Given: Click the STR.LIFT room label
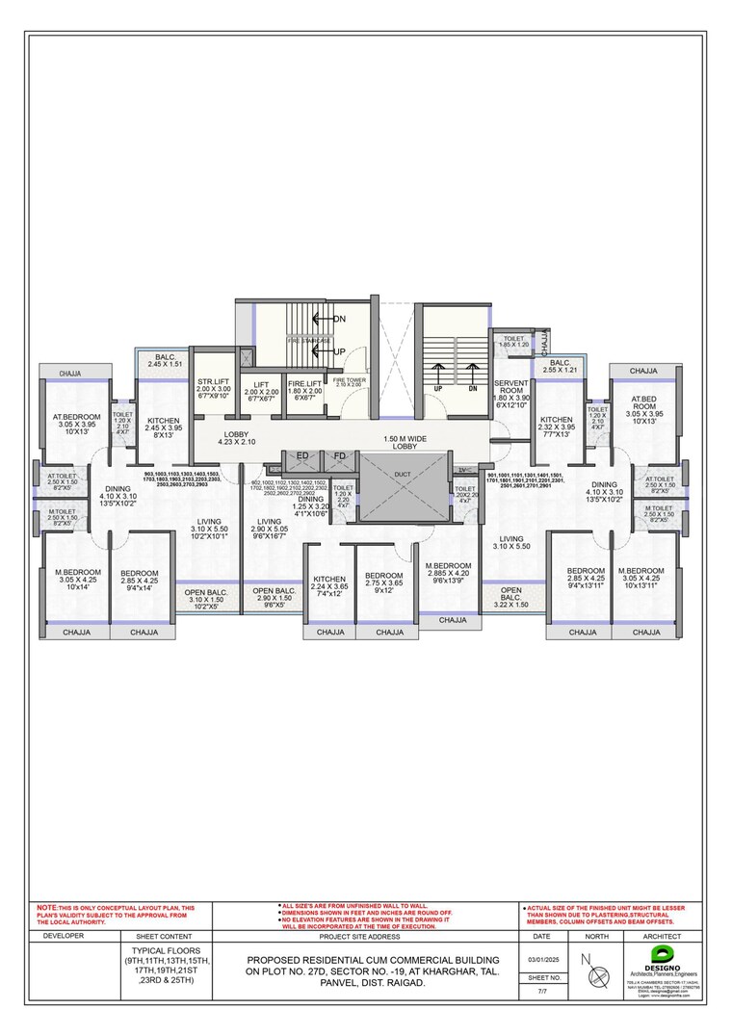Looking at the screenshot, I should (x=214, y=383).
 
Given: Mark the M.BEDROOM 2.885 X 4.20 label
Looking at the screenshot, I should (x=447, y=573).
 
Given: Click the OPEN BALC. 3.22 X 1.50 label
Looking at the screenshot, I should (x=511, y=597).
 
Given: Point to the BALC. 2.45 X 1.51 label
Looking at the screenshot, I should (x=165, y=361).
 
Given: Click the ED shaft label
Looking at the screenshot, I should (x=302, y=456).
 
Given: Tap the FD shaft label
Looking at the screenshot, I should (x=340, y=456).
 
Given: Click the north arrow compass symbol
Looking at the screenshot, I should (x=596, y=970).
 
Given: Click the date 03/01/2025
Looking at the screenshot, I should (x=541, y=959).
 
